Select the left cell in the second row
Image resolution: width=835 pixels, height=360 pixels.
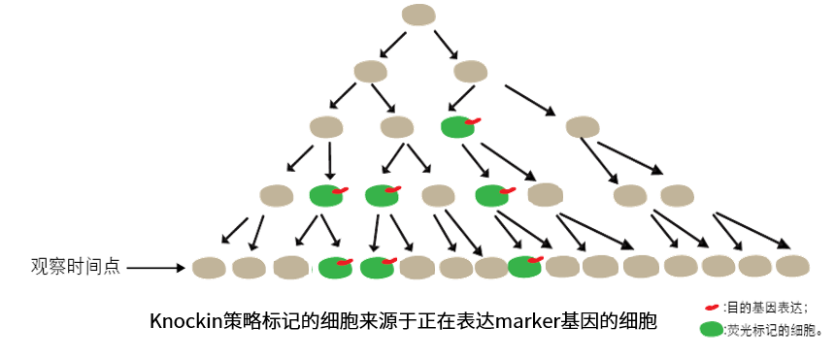click(370, 71)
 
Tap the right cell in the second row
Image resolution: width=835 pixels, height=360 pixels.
click(470, 71)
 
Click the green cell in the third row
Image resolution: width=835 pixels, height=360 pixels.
click(456, 127)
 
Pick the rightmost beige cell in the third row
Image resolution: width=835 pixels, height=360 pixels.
click(583, 127)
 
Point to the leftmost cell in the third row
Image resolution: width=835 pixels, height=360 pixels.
click(324, 127)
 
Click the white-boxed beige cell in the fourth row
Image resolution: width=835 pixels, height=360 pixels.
click(546, 195)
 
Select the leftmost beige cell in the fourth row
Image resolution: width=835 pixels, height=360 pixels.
click(276, 195)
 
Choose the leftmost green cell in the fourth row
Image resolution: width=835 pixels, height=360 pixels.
click(326, 195)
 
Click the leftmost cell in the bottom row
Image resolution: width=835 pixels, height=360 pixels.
click(210, 266)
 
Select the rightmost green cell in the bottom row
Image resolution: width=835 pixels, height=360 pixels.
click(524, 267)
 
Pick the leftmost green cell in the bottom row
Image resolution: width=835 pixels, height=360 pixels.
click(334, 267)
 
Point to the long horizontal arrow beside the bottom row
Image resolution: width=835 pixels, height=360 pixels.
click(155, 267)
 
